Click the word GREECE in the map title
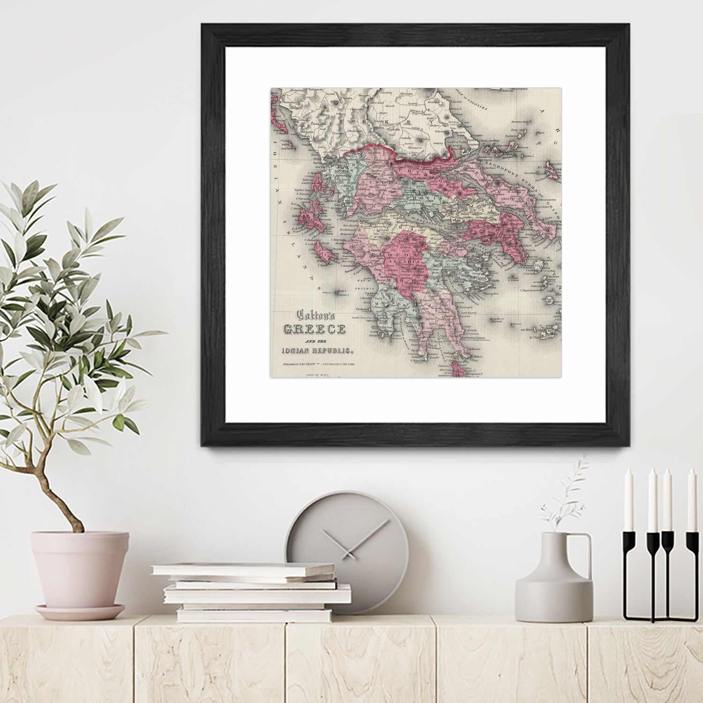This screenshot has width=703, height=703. click(x=314, y=329)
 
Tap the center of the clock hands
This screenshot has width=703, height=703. click(x=348, y=554)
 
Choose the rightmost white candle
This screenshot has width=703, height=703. click(x=691, y=500)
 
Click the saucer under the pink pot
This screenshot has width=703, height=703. click(x=80, y=612)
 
